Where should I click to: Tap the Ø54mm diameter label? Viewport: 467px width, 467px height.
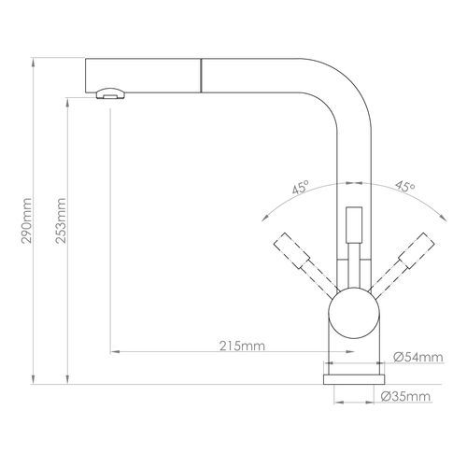click(411, 357)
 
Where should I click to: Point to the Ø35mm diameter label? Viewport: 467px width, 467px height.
click(412, 398)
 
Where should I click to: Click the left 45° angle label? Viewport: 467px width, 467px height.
click(301, 187)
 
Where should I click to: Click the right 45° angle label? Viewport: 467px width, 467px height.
click(404, 187)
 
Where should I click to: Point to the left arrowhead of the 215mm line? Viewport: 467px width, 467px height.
click(114, 352)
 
